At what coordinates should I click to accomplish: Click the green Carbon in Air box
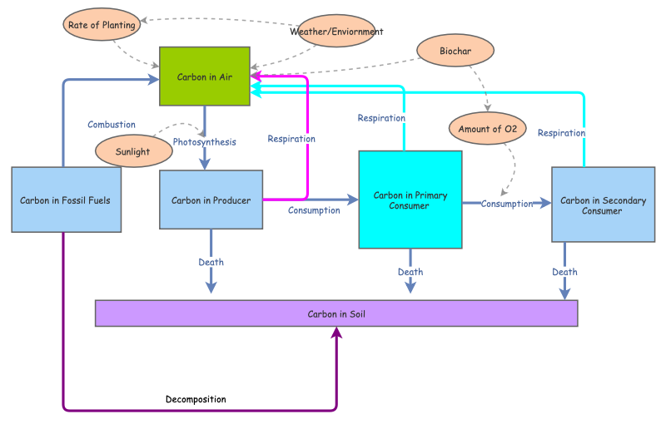pos(205,76)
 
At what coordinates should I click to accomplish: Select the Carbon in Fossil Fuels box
pos(67,200)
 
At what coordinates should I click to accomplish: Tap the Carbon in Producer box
pos(211,200)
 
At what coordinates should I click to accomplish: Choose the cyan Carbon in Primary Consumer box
pos(410,200)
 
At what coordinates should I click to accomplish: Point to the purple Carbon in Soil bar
pos(336,313)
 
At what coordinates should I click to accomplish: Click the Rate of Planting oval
pos(102,25)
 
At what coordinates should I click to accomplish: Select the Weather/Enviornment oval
pos(336,32)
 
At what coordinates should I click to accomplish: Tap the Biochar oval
pos(455,51)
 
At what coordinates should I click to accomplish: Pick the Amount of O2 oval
pos(488,129)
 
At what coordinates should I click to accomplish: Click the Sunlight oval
pos(133,151)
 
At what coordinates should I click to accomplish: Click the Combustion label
pos(112,125)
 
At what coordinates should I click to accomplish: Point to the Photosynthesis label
pos(204,142)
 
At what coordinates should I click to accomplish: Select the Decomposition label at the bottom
pos(196,400)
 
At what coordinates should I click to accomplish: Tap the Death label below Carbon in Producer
pos(211,263)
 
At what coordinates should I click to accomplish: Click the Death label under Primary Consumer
pos(410,272)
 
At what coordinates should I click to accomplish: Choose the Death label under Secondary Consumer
pos(564,272)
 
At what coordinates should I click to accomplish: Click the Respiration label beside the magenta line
pos(291,139)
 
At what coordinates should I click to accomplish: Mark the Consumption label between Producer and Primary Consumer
pos(314,210)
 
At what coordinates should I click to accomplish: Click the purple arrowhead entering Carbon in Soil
pos(337,332)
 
